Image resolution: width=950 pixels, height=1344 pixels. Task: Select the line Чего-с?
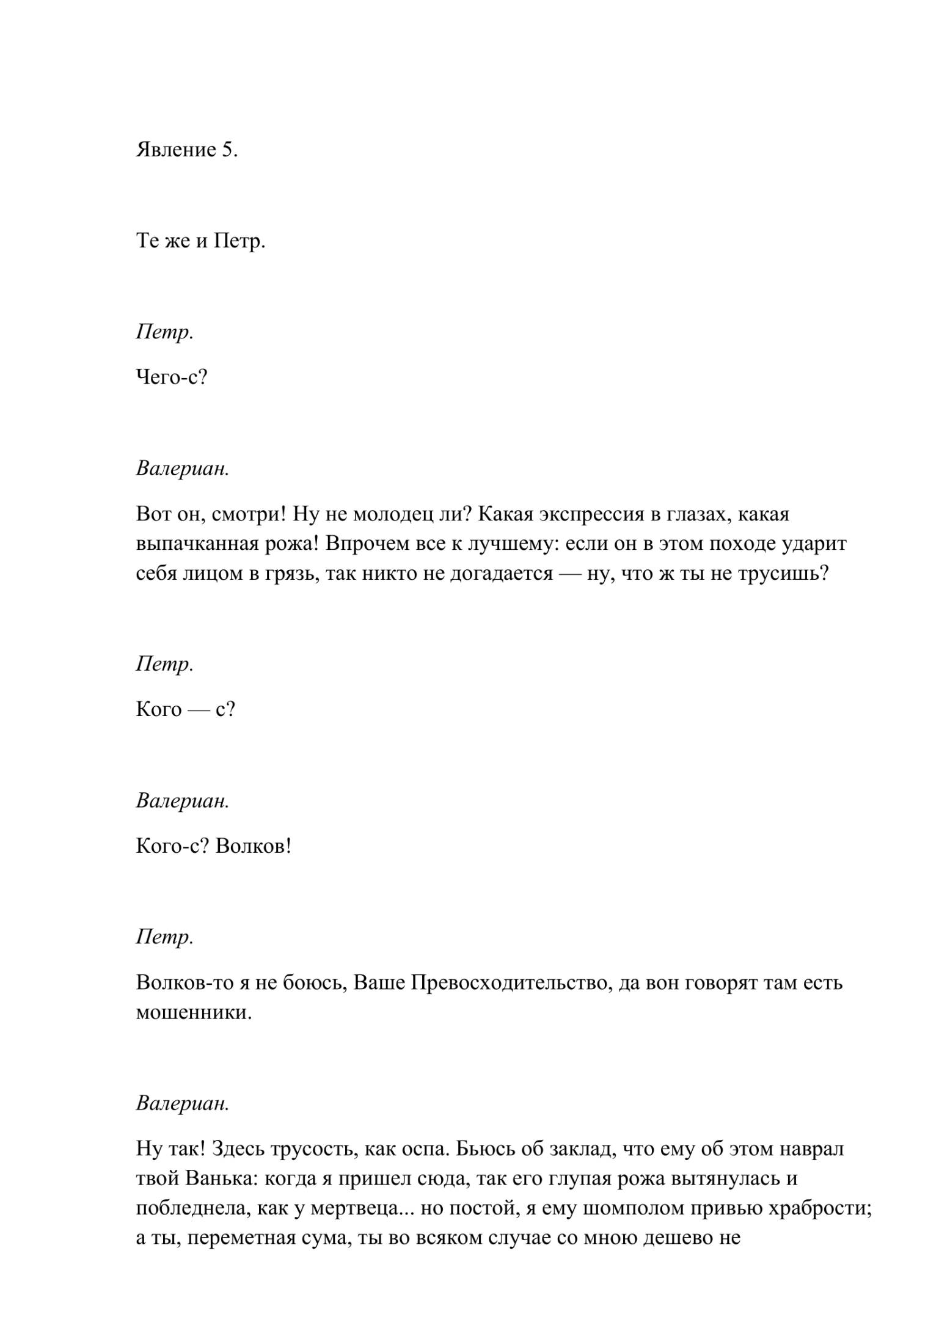[172, 378]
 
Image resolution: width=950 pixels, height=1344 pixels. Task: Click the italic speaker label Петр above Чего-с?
[163, 332]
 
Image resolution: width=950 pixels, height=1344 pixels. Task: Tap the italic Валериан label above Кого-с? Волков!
[182, 801]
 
